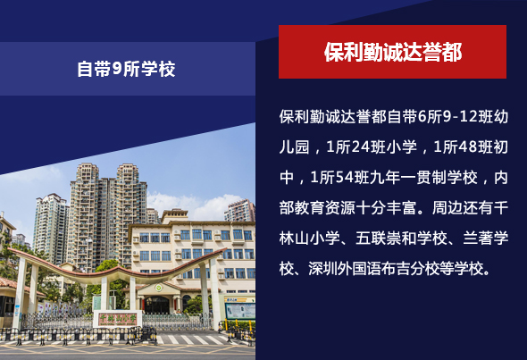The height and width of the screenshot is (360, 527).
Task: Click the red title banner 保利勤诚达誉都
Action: coord(392,52)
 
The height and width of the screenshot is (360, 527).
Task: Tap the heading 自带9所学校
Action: coord(126,69)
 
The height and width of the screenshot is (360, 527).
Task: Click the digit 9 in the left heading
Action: coord(116,69)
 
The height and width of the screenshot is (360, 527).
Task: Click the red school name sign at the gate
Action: coord(117,319)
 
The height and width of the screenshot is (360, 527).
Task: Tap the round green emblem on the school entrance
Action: coord(159,288)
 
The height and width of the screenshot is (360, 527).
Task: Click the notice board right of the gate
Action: coord(240,311)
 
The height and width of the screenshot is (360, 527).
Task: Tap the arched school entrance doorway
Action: coord(156,305)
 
